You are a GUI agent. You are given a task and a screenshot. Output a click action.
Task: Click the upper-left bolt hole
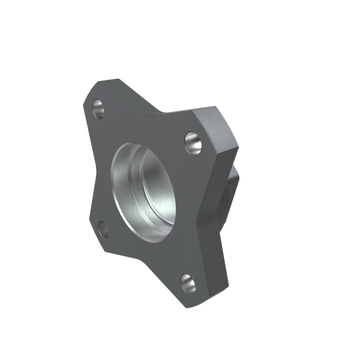coord(100,109)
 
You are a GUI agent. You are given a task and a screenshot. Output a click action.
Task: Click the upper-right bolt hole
coord(193,142)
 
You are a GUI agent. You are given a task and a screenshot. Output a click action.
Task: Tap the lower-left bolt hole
coord(101,228)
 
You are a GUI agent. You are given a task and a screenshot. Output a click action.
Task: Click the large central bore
coord(144,186)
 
